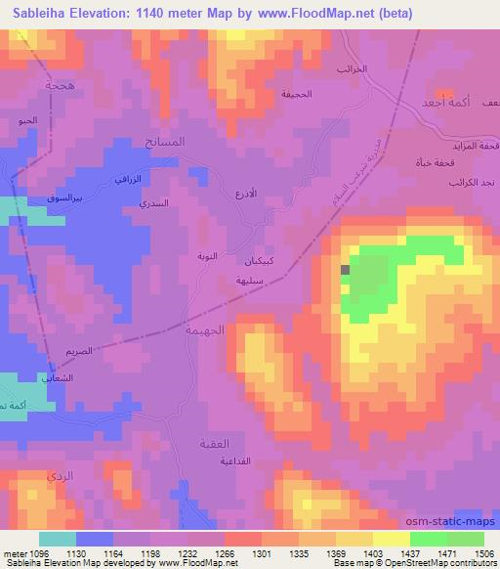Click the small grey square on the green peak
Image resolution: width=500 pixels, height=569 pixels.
click(x=345, y=270)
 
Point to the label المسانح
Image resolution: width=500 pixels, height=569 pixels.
click(x=164, y=144)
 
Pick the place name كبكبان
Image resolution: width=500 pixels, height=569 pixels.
click(x=259, y=262)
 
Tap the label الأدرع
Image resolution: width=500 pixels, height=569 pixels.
click(x=248, y=194)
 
